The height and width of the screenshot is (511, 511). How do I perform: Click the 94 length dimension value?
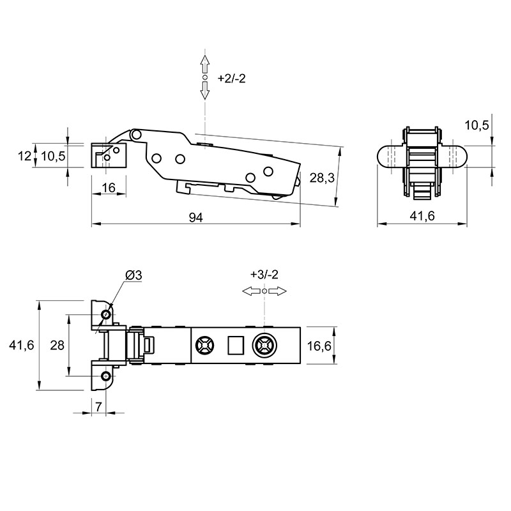[x=196, y=217]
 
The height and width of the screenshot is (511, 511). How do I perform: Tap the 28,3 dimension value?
[x=322, y=178]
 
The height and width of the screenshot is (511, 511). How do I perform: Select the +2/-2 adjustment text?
[x=231, y=78]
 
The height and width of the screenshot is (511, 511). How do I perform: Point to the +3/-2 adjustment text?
[x=264, y=275]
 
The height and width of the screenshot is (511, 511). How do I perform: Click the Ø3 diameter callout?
[x=134, y=275]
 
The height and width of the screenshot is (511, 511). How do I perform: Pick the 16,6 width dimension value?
[x=319, y=346]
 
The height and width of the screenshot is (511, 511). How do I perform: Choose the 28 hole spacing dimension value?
[x=57, y=345]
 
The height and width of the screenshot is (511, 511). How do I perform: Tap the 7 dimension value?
[x=98, y=406]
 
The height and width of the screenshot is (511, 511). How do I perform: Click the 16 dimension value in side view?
[x=109, y=188]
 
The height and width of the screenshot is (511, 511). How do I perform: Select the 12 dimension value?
[x=24, y=156]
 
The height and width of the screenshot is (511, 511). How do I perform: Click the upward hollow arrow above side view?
[x=204, y=65]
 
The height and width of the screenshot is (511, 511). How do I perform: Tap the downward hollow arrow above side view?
[x=204, y=90]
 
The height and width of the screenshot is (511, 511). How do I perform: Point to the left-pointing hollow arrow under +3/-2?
[x=251, y=291]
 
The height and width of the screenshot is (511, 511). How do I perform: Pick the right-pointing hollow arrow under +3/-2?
[x=278, y=291]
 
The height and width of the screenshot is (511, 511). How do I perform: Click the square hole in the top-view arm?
[x=236, y=345]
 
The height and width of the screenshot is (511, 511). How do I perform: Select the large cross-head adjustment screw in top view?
[x=264, y=345]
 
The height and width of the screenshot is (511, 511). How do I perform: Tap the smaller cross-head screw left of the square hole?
[x=204, y=345]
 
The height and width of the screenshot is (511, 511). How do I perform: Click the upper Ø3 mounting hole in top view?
[x=105, y=314]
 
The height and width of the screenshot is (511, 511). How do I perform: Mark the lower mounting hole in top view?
[x=105, y=376]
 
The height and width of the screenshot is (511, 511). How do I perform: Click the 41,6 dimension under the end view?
[x=422, y=216]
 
